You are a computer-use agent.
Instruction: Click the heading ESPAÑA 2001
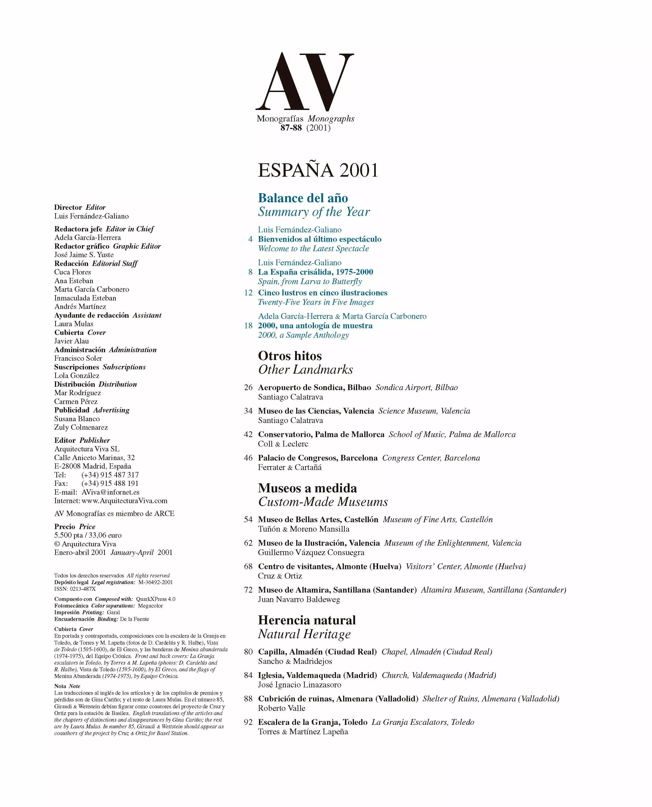pos(318,170)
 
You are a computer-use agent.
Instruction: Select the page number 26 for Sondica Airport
pos(248,387)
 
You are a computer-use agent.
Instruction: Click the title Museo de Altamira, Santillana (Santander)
pos(337,590)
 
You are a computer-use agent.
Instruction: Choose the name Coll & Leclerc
pos(283,444)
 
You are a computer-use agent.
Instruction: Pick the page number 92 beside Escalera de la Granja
pos(248,722)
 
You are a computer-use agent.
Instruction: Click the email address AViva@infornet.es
pos(110,492)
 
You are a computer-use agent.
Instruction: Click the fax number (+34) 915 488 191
pos(110,484)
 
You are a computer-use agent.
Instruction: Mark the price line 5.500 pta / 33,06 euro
pos(88,535)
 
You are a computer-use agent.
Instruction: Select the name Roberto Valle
pos(281,708)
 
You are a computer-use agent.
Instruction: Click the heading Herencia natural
pos(307,620)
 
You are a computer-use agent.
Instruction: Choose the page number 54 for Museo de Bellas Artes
pos(248,520)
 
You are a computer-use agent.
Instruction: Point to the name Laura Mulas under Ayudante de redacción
pos(74,324)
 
